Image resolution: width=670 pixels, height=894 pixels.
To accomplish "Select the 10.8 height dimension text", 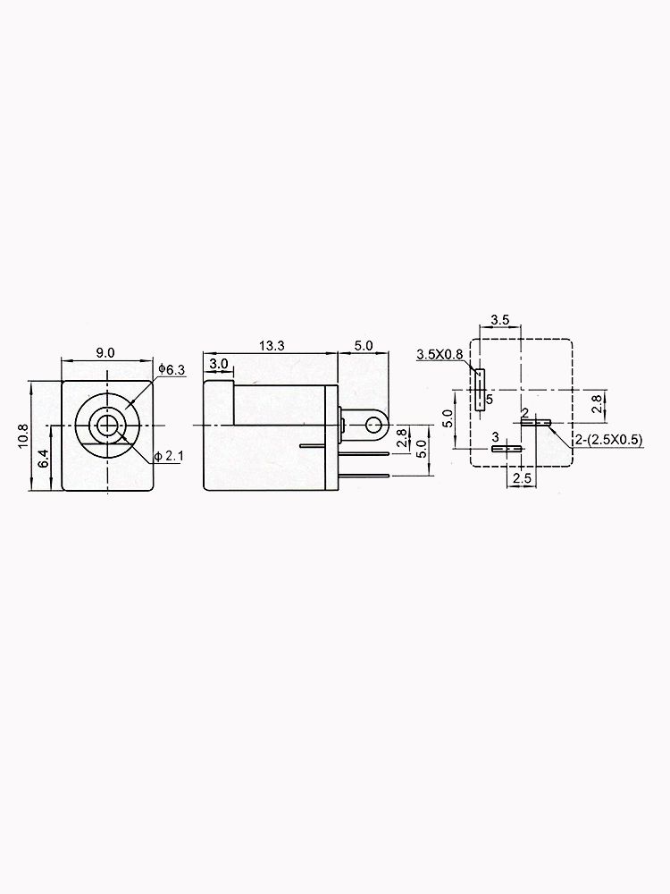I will pyautogui.click(x=24, y=435).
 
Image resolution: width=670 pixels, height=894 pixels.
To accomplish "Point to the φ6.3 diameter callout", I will pyautogui.click(x=171, y=369).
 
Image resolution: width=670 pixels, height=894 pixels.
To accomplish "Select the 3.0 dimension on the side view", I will pyautogui.click(x=218, y=364).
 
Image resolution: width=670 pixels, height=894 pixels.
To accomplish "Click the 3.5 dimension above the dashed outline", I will pyautogui.click(x=500, y=319).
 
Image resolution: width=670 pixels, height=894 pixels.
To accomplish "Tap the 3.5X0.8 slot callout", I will pyautogui.click(x=440, y=355).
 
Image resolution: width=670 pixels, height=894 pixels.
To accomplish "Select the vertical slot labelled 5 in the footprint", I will pyautogui.click(x=481, y=388).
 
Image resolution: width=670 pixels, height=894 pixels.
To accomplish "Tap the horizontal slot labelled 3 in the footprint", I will pyautogui.click(x=506, y=449).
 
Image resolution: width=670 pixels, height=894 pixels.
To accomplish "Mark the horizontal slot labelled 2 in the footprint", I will pyautogui.click(x=537, y=422).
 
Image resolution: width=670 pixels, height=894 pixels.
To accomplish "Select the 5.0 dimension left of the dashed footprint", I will pyautogui.click(x=449, y=418).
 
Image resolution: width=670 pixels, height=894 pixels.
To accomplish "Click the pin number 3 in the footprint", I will pyautogui.click(x=496, y=437).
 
